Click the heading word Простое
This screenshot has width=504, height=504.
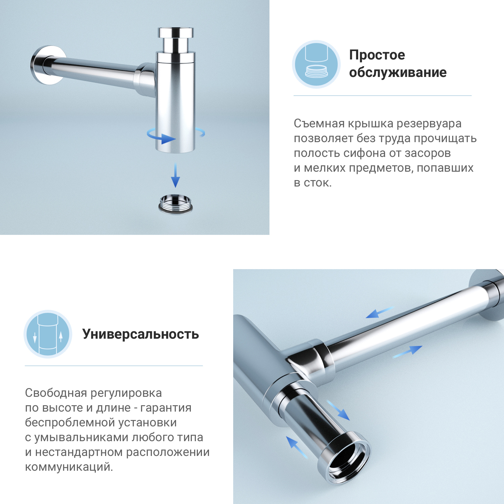click(x=377, y=55)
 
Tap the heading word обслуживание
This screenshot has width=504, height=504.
click(x=398, y=72)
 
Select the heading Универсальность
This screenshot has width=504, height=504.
click(x=140, y=334)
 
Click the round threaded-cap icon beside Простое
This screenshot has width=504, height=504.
click(x=316, y=65)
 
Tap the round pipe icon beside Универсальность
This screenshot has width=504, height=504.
click(x=48, y=334)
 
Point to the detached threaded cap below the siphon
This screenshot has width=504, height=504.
click(x=175, y=204)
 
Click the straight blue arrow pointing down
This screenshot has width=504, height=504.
click(x=175, y=175)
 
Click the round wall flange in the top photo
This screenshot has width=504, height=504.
click(x=47, y=65)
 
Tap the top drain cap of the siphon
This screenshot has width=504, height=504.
click(x=176, y=33)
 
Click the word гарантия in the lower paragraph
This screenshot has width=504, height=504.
click(x=166, y=408)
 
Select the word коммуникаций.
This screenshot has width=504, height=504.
click(x=69, y=467)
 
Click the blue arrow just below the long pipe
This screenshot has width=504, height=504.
click(x=407, y=352)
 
